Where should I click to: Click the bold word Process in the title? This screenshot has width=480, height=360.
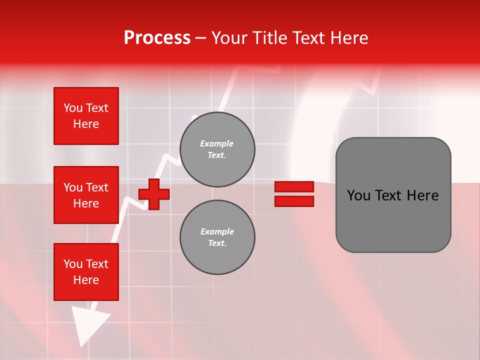[x=157, y=38]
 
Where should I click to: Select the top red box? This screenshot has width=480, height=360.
[x=86, y=116]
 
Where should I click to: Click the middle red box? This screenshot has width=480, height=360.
[x=86, y=195]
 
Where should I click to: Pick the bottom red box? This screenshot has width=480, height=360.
[x=86, y=272]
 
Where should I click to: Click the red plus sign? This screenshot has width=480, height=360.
[x=154, y=194]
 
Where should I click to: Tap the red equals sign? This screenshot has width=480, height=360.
[x=294, y=194]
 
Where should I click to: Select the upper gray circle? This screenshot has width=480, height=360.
[x=217, y=149]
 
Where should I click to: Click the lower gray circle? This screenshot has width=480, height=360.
[x=217, y=237]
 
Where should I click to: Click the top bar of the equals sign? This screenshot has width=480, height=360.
[x=294, y=187]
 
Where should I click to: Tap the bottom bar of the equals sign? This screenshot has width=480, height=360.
[x=294, y=201]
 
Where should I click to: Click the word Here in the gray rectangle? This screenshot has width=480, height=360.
[x=422, y=195]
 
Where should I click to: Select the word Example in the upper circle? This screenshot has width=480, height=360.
[x=217, y=143]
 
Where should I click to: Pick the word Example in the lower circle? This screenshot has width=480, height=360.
[x=217, y=231]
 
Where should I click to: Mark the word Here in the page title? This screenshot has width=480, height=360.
[x=350, y=38]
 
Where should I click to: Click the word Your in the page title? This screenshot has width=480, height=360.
[x=229, y=38]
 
